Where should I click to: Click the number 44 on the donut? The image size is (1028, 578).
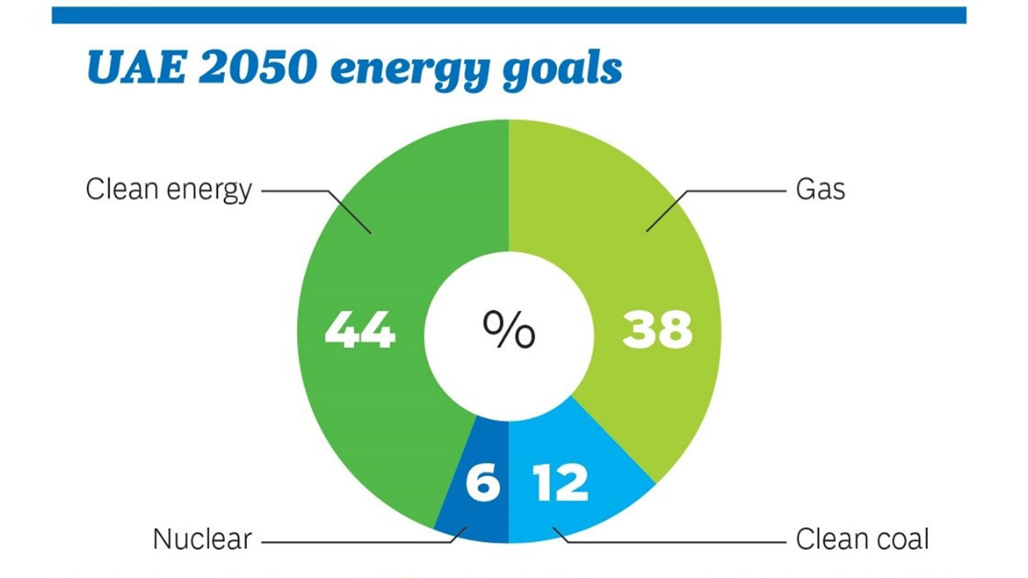[x=360, y=330]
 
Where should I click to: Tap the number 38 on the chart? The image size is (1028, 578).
[x=657, y=330]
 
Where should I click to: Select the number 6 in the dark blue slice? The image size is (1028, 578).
[x=483, y=483]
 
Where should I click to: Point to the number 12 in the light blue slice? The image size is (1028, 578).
[x=561, y=483]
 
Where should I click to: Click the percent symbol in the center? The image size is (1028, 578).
[x=509, y=330]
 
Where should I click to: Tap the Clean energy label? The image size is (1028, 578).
[x=169, y=190]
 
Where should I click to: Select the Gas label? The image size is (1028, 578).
[x=820, y=189]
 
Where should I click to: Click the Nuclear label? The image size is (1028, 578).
[x=202, y=539]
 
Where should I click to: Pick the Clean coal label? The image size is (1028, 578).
[x=862, y=539]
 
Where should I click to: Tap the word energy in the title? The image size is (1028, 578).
[x=410, y=70]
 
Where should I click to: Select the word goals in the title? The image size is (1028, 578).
[x=562, y=70]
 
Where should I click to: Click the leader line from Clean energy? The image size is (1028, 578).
[x=294, y=191]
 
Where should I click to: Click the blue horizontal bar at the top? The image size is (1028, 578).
[x=509, y=15]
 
